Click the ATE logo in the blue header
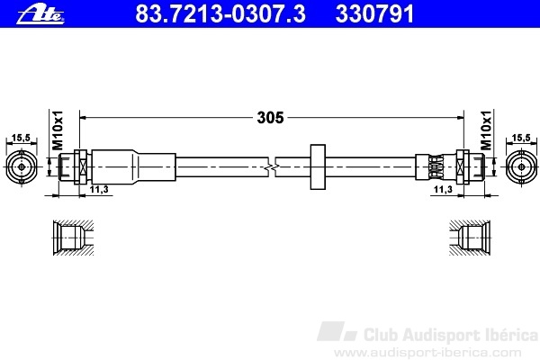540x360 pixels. click(40, 14)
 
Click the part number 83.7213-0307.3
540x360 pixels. click(220, 13)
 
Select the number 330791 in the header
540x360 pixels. click(374, 13)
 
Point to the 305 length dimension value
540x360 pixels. click(270, 118)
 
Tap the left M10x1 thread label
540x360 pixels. click(58, 130)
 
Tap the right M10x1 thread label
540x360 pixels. click(486, 130)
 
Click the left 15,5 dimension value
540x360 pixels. click(21, 138)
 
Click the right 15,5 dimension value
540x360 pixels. click(521, 138)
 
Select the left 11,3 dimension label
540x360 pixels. click(99, 189)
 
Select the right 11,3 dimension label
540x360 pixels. click(443, 189)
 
